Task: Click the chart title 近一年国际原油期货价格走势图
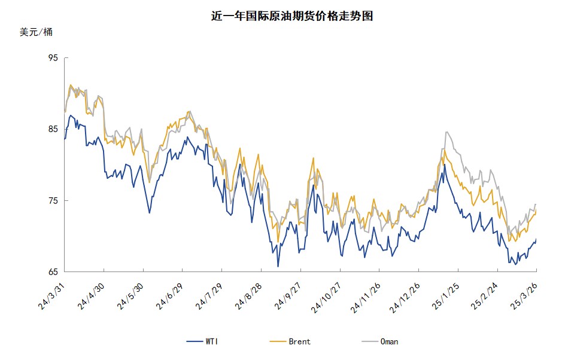point(292,16)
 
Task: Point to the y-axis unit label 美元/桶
point(36,32)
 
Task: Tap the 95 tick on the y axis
point(53,58)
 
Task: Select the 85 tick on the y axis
point(53,129)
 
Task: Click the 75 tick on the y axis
point(53,200)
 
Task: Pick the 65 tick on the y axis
point(53,272)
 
